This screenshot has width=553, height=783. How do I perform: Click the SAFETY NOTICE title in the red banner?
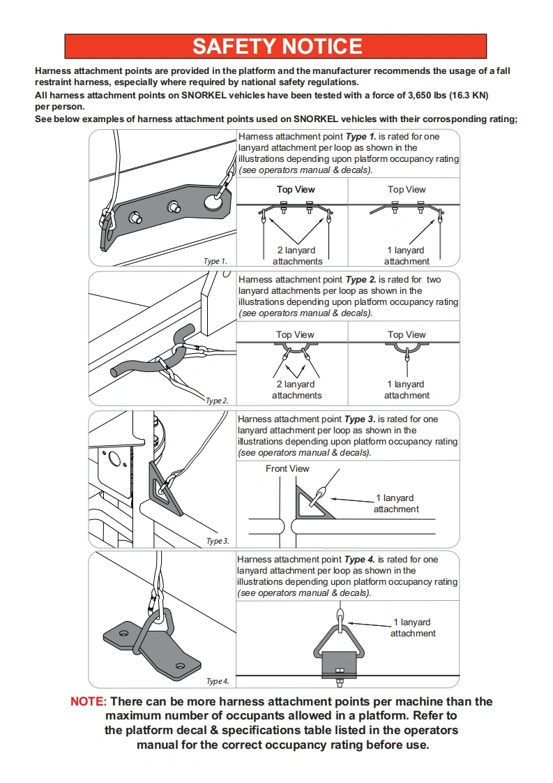pyautogui.click(x=277, y=46)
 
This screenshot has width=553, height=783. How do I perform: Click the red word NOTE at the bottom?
pyautogui.click(x=89, y=701)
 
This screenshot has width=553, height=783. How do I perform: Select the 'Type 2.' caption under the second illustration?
pyautogui.click(x=217, y=401)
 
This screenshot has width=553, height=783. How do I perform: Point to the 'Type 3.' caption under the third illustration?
pyautogui.click(x=217, y=541)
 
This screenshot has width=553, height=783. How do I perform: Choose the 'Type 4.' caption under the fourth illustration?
pyautogui.click(x=217, y=681)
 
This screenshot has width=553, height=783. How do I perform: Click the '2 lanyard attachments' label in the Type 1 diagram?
pyautogui.click(x=297, y=255)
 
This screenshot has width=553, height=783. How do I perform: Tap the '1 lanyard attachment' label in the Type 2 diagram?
pyautogui.click(x=407, y=389)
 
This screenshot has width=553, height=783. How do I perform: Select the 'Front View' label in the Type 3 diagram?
pyautogui.click(x=287, y=468)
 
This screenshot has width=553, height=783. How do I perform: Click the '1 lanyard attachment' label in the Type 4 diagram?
pyautogui.click(x=413, y=627)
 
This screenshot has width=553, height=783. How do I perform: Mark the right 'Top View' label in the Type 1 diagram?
pyautogui.click(x=407, y=189)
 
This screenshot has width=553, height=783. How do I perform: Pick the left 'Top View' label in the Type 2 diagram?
pyautogui.click(x=295, y=334)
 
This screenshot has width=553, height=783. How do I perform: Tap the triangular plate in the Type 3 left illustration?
pyautogui.click(x=165, y=492)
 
